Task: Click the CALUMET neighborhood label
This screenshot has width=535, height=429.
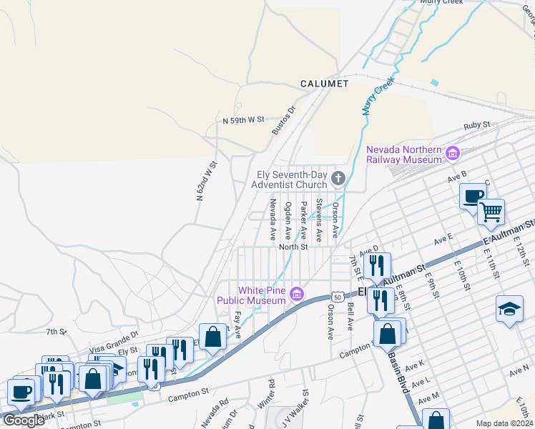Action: [x=324, y=84]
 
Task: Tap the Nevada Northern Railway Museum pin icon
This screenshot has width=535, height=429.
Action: [x=452, y=153]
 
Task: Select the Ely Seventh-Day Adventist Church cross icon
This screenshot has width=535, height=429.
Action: [x=338, y=177]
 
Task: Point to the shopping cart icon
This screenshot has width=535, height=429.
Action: [x=491, y=212]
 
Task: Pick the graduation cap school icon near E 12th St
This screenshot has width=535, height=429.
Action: [x=509, y=309]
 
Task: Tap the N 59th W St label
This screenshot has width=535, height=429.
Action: [x=243, y=120]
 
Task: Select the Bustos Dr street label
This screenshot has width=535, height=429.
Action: [x=284, y=121]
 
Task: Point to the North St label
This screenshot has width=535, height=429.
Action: [x=293, y=247]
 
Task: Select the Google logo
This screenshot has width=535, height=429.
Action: [x=24, y=420]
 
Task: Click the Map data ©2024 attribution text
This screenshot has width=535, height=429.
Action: [x=505, y=423]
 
